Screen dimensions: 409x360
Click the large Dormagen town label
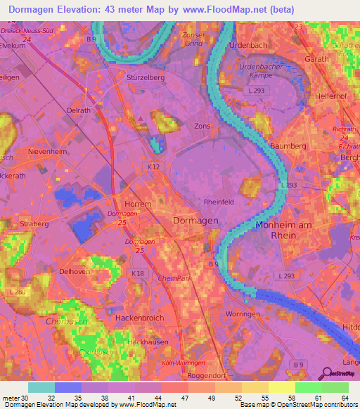click(x=195, y=221)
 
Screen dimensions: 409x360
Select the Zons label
click(x=202, y=126)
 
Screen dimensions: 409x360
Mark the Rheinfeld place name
click(x=219, y=202)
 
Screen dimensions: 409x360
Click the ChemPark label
click(x=174, y=278)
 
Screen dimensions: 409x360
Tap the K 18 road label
click(x=137, y=273)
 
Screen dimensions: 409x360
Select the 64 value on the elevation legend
click(x=344, y=397)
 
